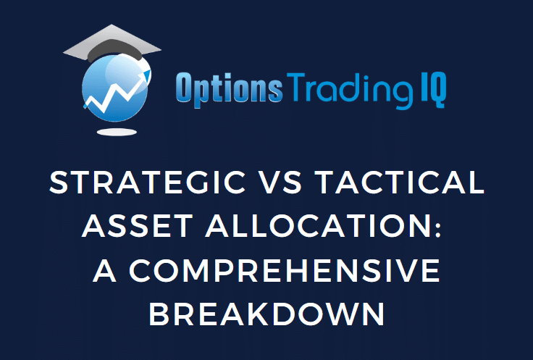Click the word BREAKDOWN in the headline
tap(266, 314)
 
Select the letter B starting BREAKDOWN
tap(159, 314)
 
